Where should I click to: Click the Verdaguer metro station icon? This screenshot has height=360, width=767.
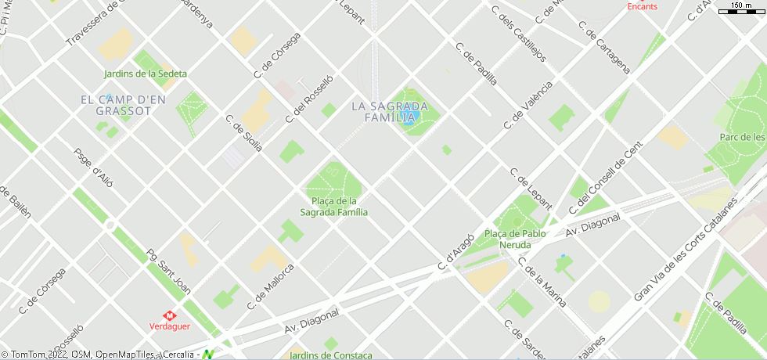click(x=169, y=315)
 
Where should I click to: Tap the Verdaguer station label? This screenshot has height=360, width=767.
click(x=170, y=326)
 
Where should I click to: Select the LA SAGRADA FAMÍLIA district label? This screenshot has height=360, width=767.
click(x=390, y=112)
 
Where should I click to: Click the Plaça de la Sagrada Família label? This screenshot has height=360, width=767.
click(x=334, y=207)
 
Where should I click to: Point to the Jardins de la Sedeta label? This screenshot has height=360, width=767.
click(x=146, y=74)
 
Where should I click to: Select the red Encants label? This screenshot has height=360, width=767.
click(x=643, y=6)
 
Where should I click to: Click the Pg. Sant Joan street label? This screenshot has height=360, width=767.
click(x=168, y=272)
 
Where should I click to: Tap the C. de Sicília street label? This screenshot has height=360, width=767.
click(x=243, y=135)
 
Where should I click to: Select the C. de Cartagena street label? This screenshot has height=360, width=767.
click(x=604, y=47)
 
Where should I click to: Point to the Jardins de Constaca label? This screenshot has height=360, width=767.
click(x=331, y=355)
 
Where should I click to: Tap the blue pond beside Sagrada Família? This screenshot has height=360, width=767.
click(x=409, y=118)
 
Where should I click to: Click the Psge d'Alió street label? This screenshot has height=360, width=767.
click(x=93, y=168)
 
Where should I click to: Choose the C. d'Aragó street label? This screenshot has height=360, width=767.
click(x=457, y=253)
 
